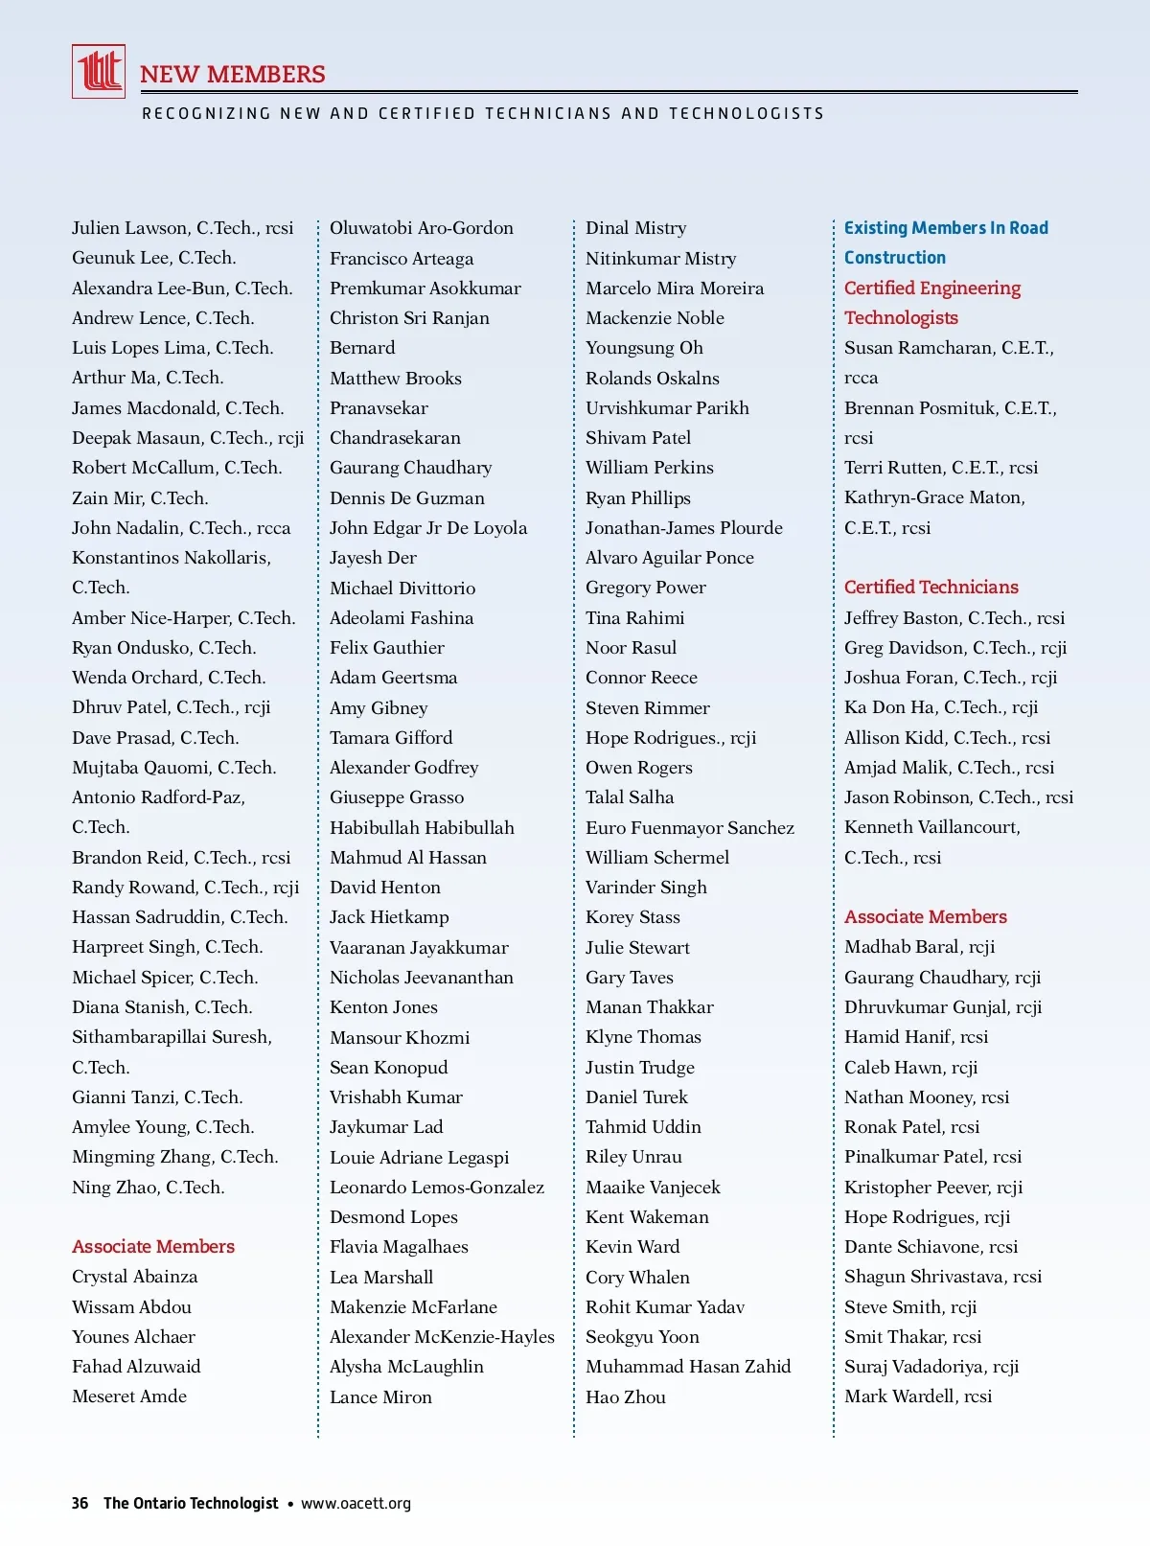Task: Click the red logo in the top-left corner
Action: (99, 71)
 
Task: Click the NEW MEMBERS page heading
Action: (233, 74)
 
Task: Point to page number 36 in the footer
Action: (80, 1503)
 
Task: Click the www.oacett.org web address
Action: (356, 1503)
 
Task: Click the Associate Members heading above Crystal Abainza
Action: (153, 1246)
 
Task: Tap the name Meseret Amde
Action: (129, 1396)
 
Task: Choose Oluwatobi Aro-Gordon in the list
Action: (422, 228)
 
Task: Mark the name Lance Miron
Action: (380, 1396)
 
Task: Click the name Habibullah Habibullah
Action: (422, 827)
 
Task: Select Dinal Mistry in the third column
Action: (636, 228)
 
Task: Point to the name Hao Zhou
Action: (626, 1396)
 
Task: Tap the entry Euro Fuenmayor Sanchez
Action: (690, 827)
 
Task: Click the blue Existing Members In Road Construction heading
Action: (946, 242)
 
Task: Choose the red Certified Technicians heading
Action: (931, 587)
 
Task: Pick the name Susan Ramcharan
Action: (919, 348)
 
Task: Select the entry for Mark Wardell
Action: (918, 1396)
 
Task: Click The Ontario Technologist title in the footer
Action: (191, 1503)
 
